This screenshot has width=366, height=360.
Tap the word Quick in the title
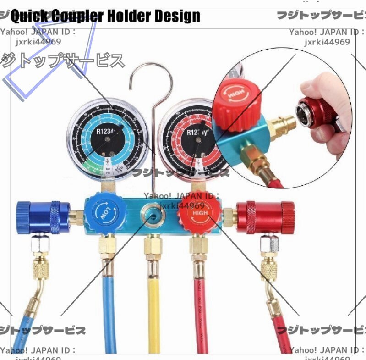[27, 17]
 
